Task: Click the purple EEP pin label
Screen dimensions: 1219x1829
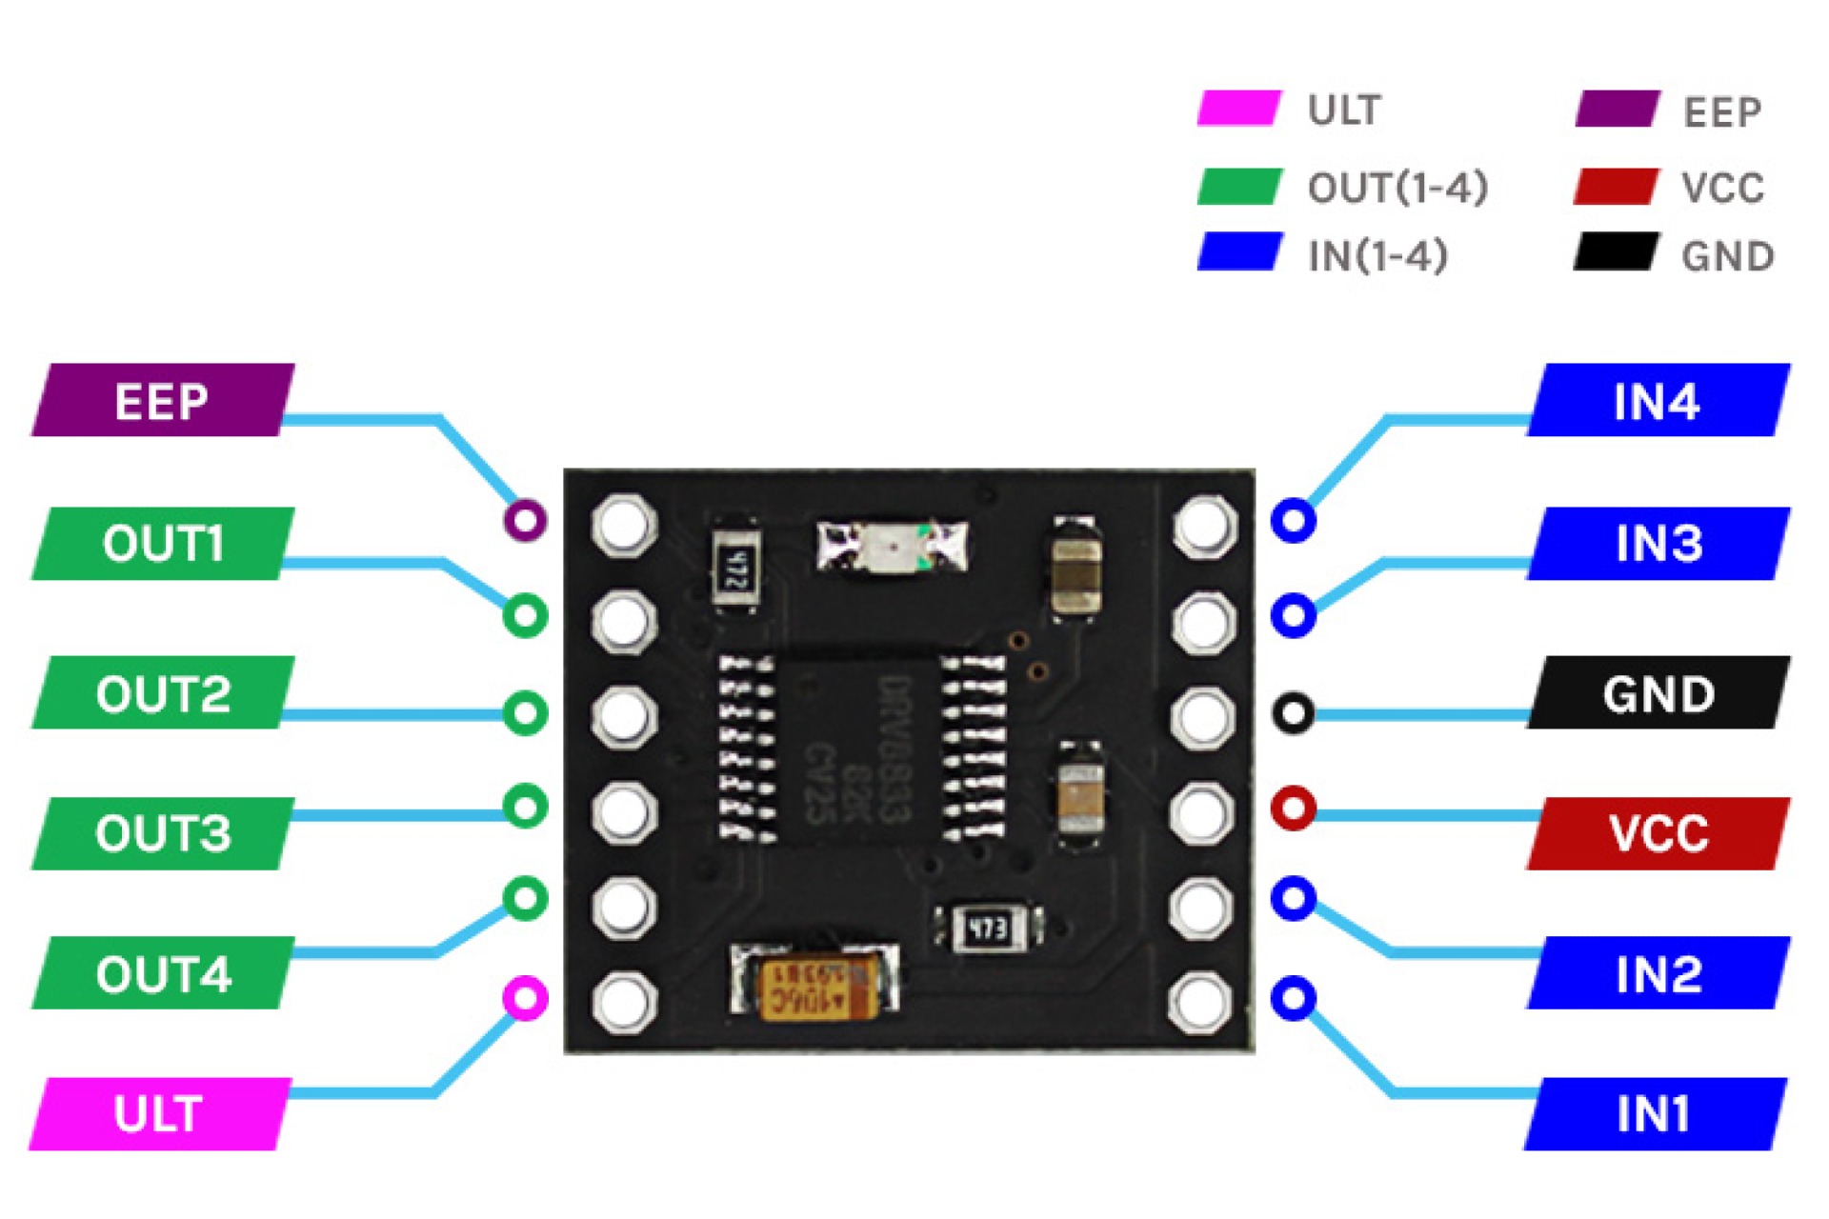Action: click(162, 400)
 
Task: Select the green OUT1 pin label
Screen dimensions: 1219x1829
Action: click(162, 544)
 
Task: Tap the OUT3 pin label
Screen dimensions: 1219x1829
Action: click(162, 833)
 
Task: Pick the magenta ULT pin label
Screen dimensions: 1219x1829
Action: click(159, 1113)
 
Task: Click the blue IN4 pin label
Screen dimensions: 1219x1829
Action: click(1658, 400)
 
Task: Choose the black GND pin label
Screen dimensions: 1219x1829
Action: click(1658, 693)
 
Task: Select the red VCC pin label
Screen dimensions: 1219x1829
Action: click(1658, 833)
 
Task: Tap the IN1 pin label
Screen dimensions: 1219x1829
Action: click(1654, 1113)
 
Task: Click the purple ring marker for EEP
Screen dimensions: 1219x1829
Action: click(525, 520)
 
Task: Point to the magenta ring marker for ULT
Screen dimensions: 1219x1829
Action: click(525, 998)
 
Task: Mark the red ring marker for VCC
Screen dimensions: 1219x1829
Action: click(1293, 808)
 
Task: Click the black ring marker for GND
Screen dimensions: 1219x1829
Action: click(1293, 712)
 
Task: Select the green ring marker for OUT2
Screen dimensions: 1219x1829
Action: click(525, 712)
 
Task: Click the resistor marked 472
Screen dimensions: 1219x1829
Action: click(736, 570)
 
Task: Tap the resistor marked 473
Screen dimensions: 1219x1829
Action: click(987, 927)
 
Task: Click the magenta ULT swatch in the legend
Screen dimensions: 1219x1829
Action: click(1238, 109)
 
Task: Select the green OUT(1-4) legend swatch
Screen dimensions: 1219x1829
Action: click(1238, 187)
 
